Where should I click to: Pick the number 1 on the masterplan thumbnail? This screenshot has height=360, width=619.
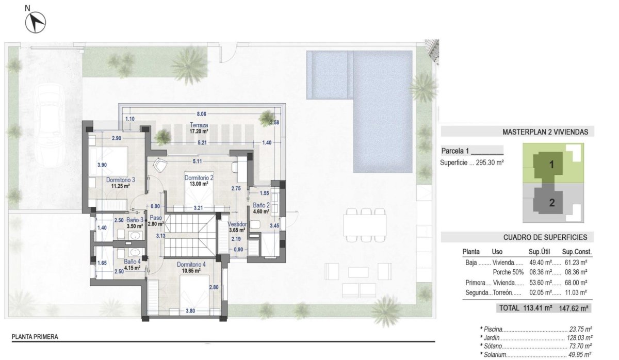pos(551,166)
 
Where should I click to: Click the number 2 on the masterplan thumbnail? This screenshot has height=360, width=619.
pos(551,203)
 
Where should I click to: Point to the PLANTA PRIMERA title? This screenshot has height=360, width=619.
pos(35,337)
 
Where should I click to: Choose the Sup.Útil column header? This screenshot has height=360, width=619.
pos(541,252)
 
